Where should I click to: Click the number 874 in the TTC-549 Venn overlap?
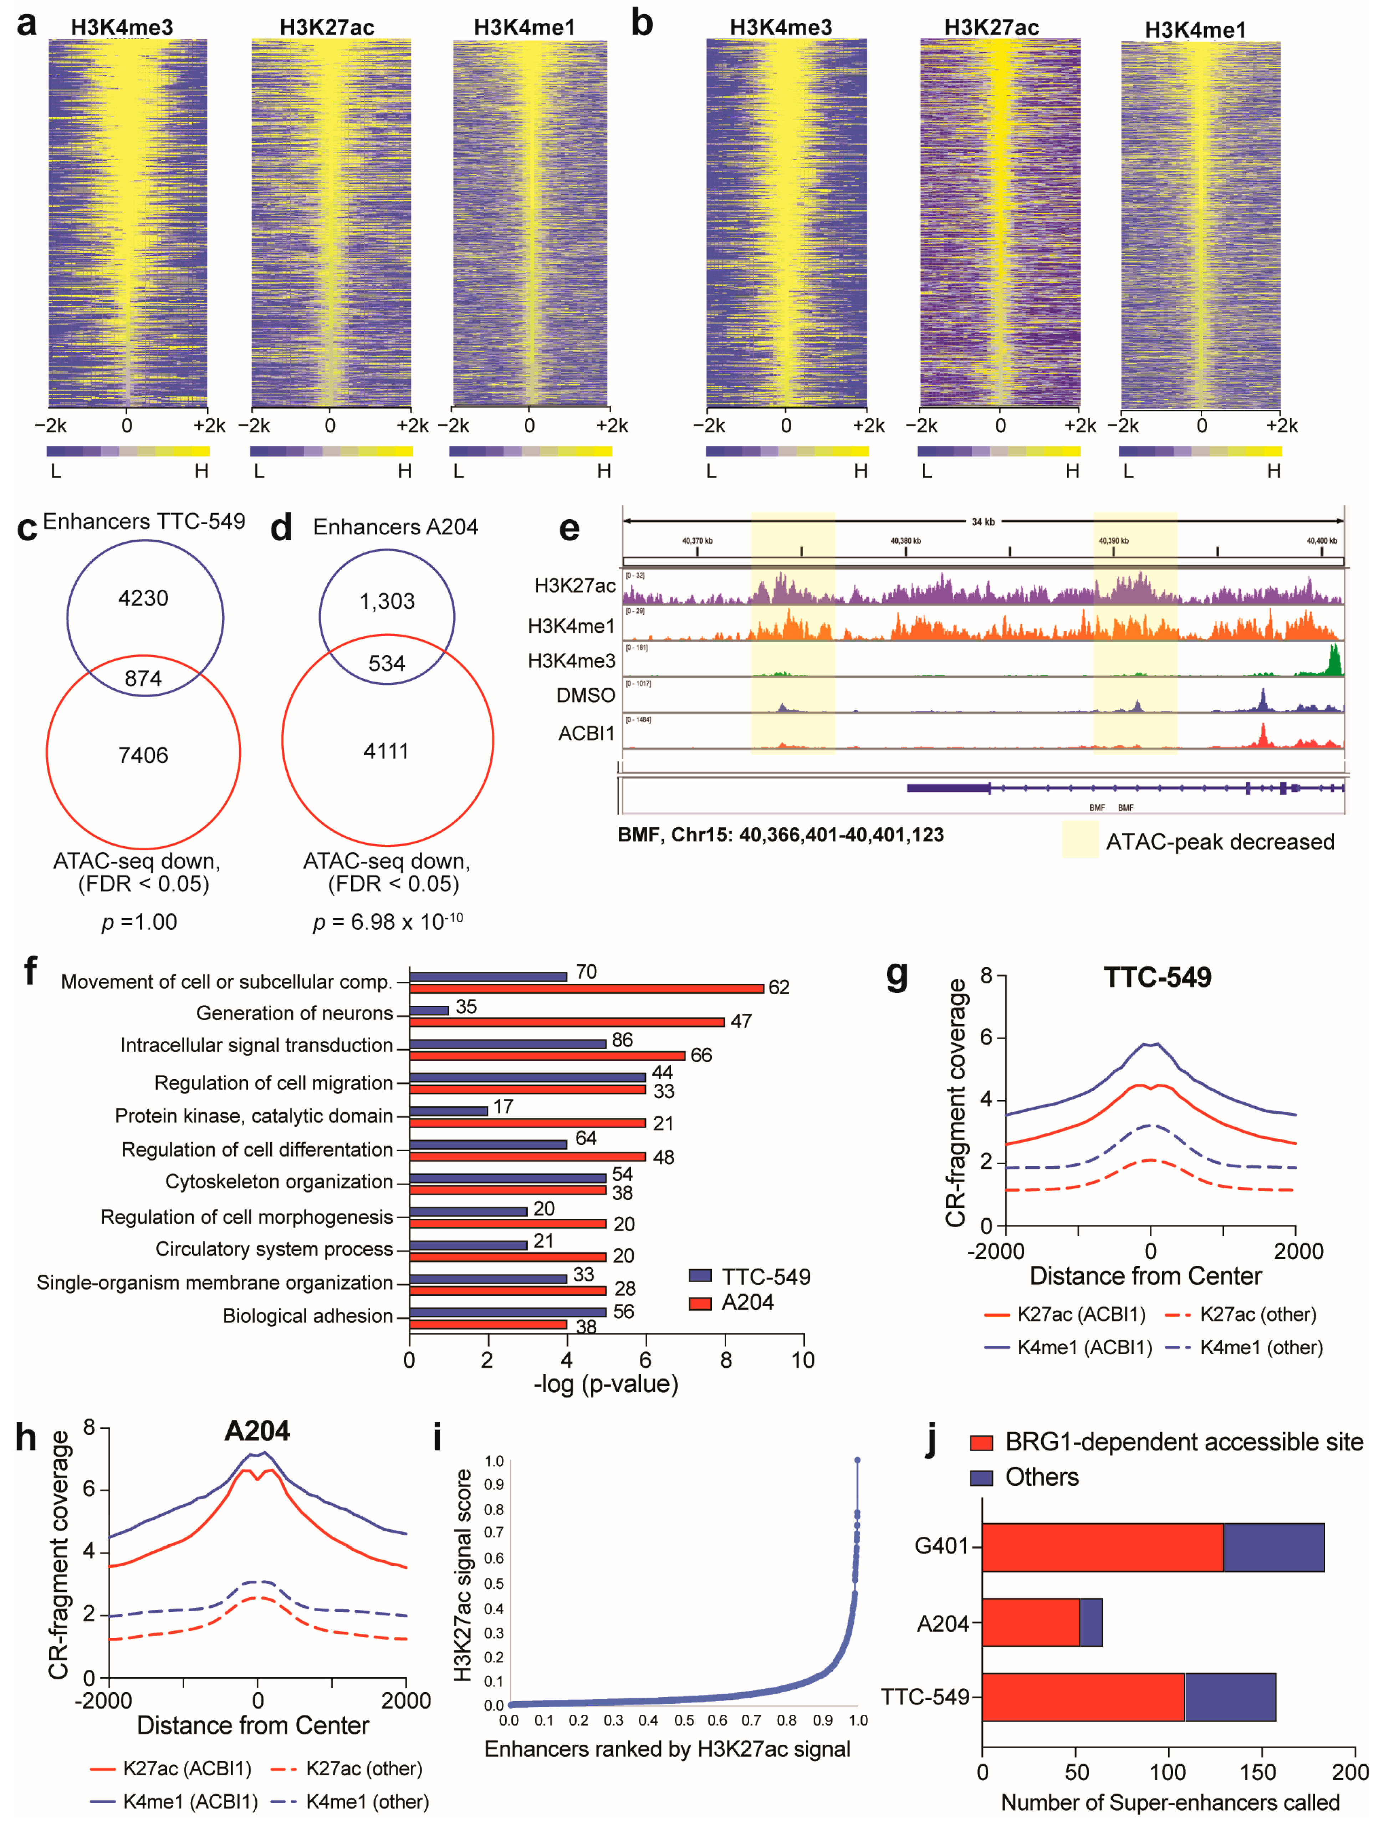(x=143, y=678)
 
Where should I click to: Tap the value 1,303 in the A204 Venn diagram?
(x=387, y=601)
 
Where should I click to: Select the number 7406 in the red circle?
(x=143, y=755)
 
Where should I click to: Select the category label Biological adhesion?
(x=308, y=1316)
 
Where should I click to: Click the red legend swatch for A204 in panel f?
(x=700, y=1302)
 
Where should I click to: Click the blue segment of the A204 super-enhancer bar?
(x=1091, y=1623)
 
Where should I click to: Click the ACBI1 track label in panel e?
(x=586, y=733)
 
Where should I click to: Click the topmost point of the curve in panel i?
(x=857, y=1460)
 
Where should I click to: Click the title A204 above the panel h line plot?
(x=257, y=1431)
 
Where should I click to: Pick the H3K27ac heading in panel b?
(x=991, y=28)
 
